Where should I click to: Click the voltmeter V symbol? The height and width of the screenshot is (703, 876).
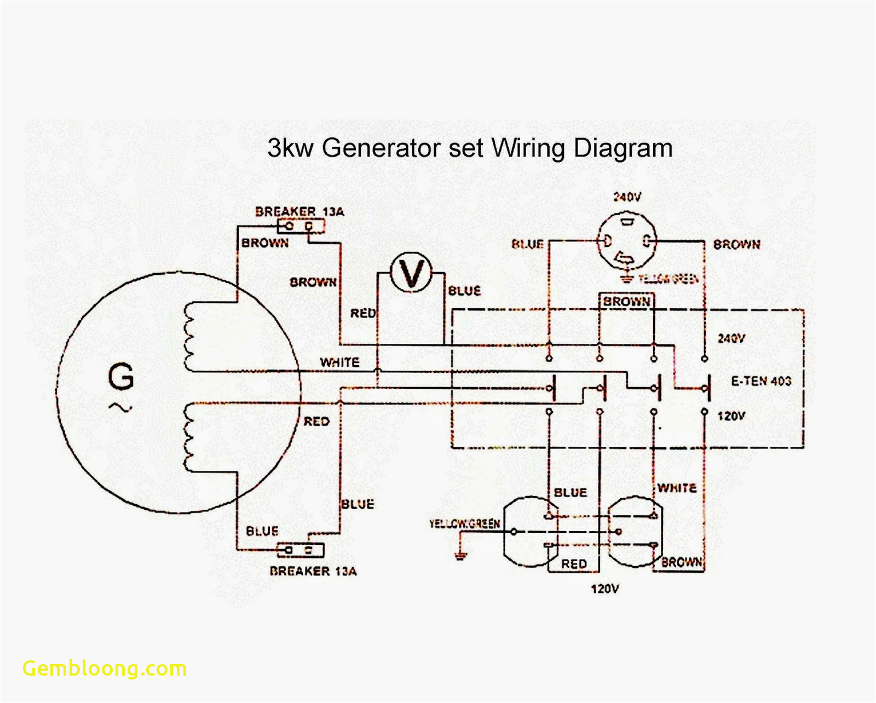point(411,272)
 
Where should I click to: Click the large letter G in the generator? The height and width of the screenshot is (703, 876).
point(120,377)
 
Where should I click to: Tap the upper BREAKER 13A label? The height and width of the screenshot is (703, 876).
point(299,211)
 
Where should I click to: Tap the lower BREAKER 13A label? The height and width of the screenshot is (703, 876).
point(313,571)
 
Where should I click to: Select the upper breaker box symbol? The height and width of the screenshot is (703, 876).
point(301,226)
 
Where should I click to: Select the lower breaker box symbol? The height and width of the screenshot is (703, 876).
point(301,550)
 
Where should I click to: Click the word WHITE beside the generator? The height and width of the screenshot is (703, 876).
point(339,362)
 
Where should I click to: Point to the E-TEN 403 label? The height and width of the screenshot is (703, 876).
point(761,381)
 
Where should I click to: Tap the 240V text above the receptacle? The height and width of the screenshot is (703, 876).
point(627,197)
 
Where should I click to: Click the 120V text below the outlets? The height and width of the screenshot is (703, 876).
point(604,589)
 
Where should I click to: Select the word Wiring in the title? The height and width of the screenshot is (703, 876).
point(528,148)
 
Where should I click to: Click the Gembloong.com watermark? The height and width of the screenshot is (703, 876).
point(105,669)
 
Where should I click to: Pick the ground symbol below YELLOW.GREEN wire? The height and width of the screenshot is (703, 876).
point(460,556)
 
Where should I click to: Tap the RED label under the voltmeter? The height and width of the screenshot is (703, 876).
point(363,313)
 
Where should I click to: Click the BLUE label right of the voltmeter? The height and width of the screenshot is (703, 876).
point(464,291)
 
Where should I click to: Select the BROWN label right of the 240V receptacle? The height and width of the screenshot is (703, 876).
point(736,245)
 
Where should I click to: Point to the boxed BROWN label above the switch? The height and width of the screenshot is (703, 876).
point(626,302)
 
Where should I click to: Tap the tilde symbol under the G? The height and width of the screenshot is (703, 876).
point(120,407)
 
